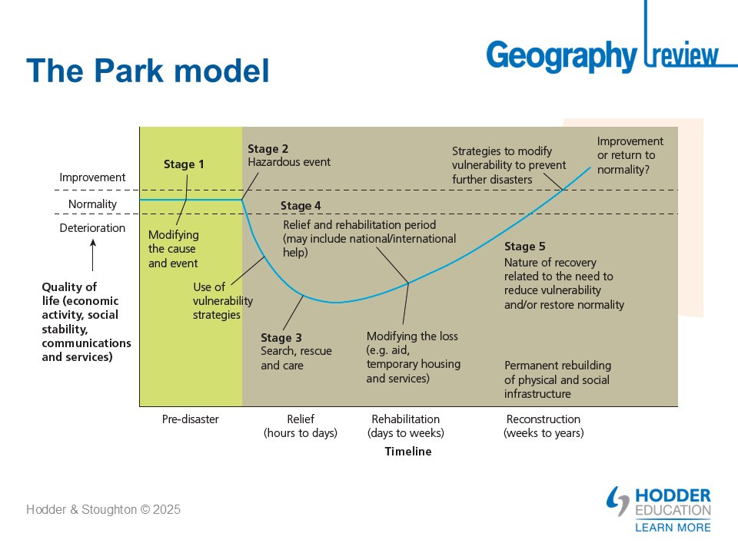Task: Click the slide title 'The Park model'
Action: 148,71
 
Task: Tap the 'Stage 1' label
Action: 184,164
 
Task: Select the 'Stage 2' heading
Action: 268,149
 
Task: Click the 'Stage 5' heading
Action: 524,247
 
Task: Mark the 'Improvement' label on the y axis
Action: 92,177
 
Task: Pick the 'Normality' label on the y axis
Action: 92,204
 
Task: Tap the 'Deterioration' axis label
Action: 92,228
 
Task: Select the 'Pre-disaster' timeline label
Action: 191,419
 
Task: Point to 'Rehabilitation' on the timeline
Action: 405,419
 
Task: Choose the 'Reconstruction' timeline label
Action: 544,419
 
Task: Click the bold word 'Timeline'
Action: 408,452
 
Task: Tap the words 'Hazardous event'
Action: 289,163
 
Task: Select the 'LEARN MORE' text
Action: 673,527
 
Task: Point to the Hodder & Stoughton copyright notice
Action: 104,509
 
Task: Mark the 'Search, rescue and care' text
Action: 296,359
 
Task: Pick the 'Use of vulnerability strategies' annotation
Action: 223,301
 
